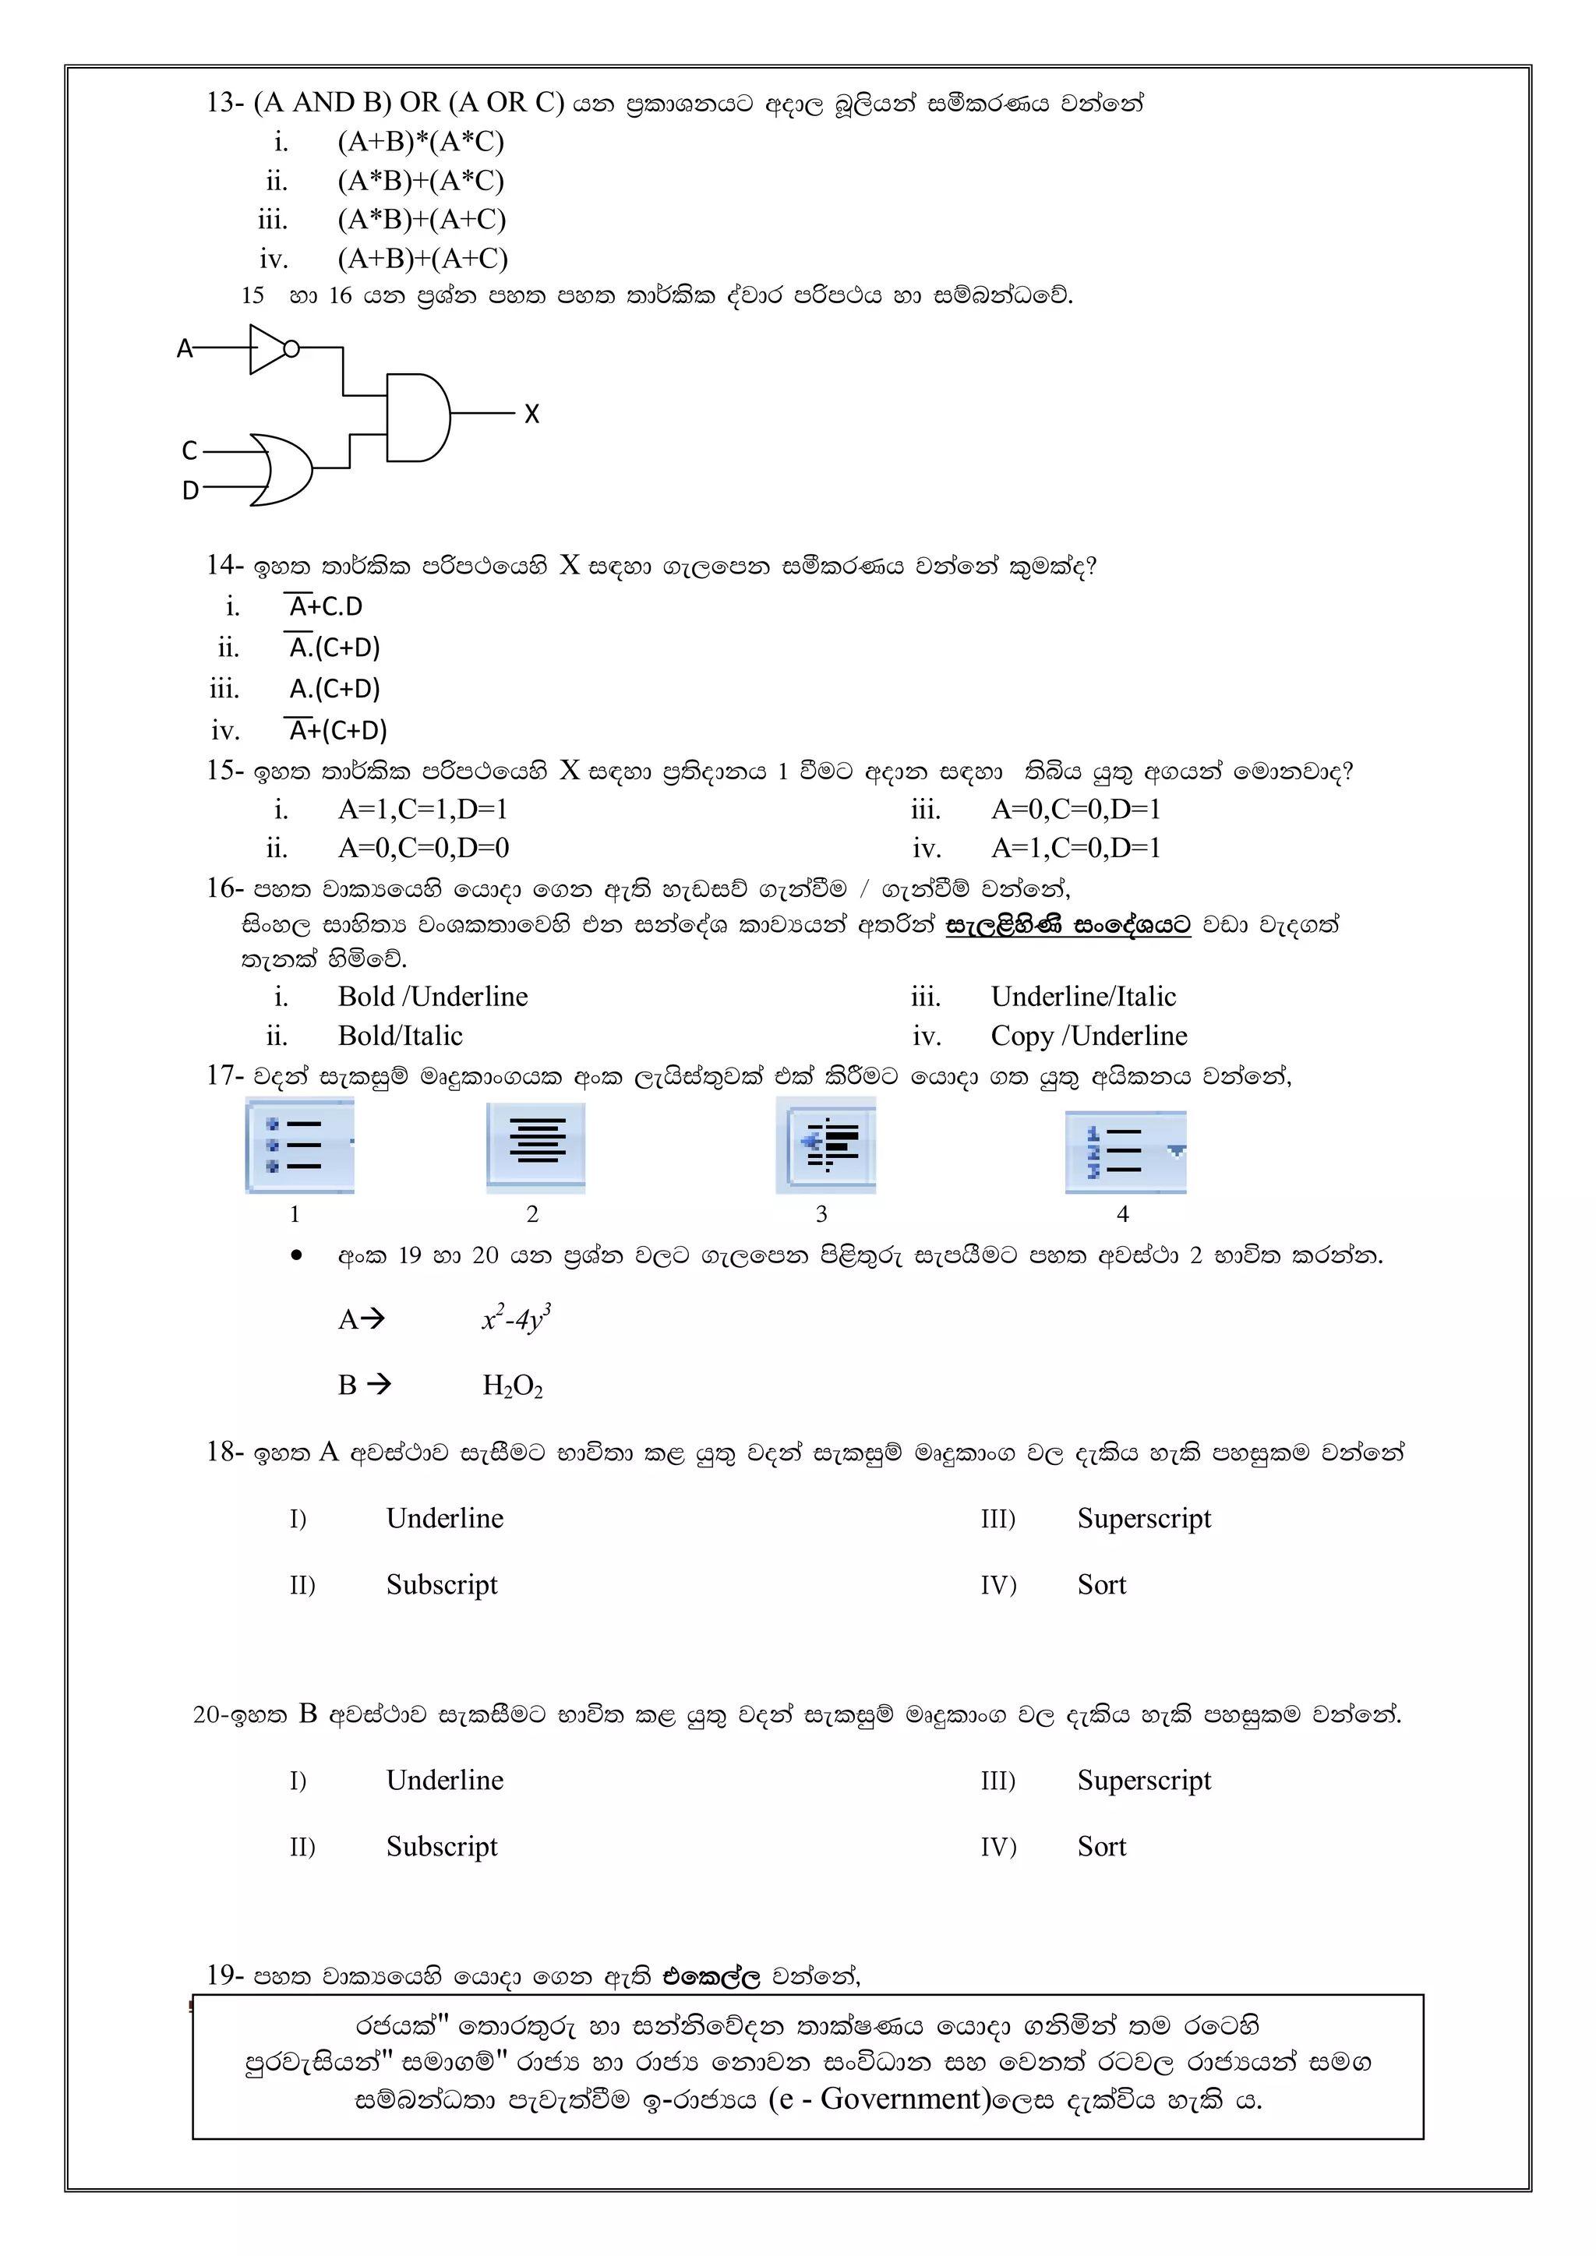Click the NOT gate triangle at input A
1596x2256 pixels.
(267, 349)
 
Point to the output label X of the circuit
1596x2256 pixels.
(531, 415)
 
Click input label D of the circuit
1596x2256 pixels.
(191, 490)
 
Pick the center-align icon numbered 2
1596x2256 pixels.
(535, 1146)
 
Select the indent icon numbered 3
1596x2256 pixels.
(825, 1146)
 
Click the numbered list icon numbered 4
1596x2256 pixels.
(1125, 1152)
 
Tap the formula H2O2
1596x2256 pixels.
(512, 1386)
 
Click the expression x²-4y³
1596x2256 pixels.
(516, 1318)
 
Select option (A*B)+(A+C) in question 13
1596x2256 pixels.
(422, 219)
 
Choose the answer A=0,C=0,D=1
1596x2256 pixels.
(1076, 810)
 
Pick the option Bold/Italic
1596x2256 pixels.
(400, 1036)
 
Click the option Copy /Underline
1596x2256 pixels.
(1089, 1036)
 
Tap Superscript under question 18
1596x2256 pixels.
(1144, 1518)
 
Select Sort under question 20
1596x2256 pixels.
(1102, 1846)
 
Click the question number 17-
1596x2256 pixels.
(225, 1076)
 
